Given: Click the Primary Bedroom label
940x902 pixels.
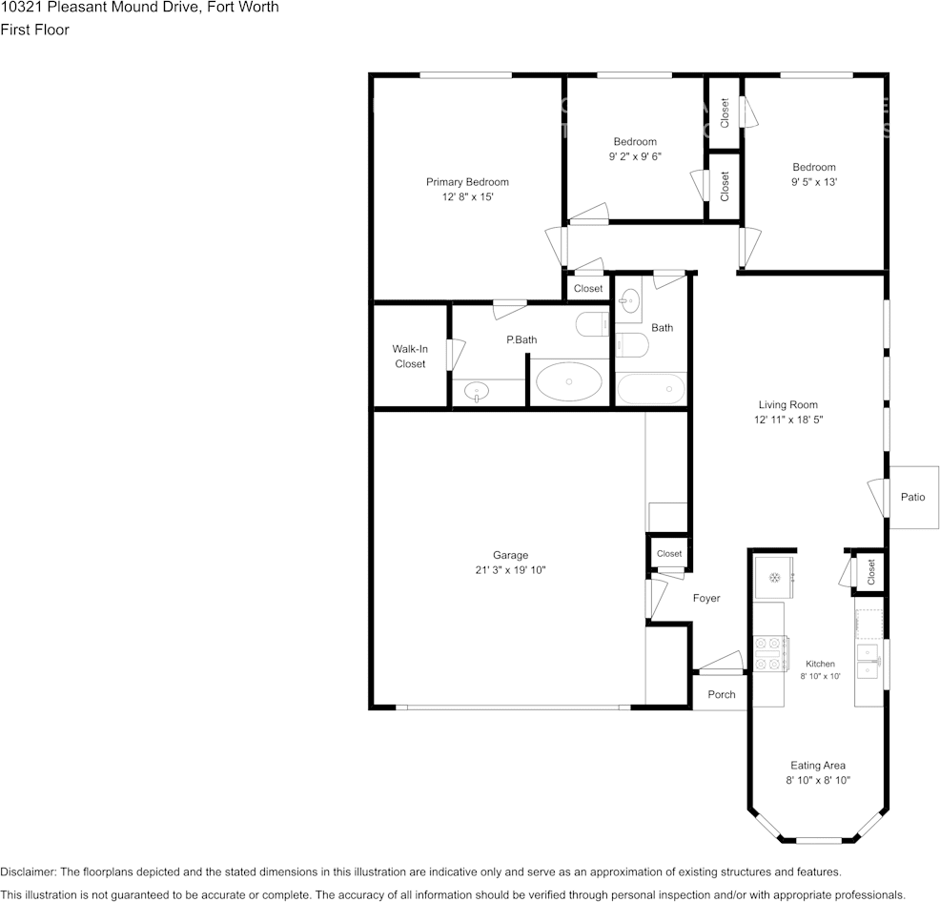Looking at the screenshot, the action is coord(467,182).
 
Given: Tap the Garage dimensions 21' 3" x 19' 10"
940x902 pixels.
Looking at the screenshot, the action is coord(510,570).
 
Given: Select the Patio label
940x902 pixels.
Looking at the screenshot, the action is coord(912,497).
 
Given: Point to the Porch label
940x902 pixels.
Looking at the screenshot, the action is coord(721,694).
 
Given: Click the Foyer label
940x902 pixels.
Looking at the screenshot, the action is coord(706,598).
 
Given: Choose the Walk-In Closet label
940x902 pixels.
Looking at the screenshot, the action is coord(410,357).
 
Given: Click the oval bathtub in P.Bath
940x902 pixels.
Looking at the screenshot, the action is coord(568,381).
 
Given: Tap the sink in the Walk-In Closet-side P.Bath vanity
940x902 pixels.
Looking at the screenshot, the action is coord(476,392).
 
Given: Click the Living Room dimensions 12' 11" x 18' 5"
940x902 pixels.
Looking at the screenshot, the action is coord(788,420).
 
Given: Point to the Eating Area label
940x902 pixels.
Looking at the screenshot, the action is coord(818,766).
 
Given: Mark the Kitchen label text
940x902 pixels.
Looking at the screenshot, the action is coord(820,664).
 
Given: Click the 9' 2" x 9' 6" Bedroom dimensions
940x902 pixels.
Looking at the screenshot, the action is coord(635,156).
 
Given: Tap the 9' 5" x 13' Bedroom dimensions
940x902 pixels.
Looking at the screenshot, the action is coord(814,182).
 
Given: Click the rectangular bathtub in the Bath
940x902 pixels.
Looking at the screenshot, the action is coord(651,389).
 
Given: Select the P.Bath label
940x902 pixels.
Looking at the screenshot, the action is coord(521,339).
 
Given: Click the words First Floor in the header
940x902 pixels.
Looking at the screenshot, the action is coord(34,30).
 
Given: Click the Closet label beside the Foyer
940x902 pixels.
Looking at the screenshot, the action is coord(669,554).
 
